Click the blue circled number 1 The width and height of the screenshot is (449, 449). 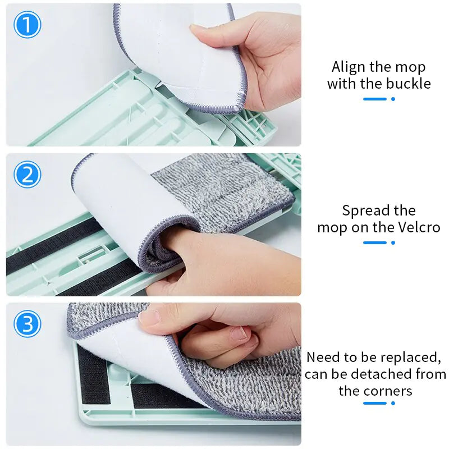coord(27,25)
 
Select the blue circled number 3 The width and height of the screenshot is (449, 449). coord(27,324)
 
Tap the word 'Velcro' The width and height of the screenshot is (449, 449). coord(417,227)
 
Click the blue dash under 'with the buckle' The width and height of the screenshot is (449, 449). coord(375,99)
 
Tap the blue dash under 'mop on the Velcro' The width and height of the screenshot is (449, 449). coord(375,242)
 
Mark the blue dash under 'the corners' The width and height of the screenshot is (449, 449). coord(375,402)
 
